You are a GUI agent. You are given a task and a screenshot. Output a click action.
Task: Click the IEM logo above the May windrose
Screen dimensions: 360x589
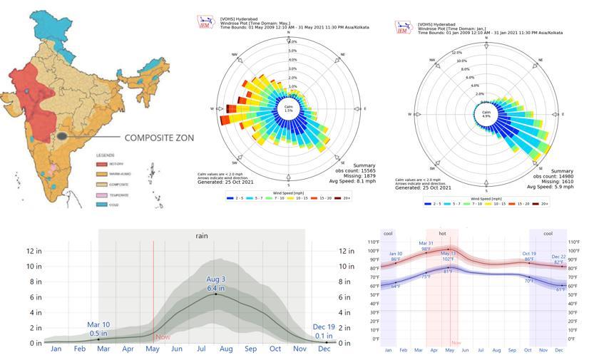(205, 21)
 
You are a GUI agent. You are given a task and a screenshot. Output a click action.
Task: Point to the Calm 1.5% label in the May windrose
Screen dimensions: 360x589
(288, 110)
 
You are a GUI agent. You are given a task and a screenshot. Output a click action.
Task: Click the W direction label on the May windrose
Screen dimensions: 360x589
(212, 109)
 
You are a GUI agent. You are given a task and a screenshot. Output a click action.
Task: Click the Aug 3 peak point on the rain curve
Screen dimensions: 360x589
(216, 294)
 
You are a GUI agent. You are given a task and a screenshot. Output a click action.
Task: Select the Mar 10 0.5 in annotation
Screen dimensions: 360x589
(98, 329)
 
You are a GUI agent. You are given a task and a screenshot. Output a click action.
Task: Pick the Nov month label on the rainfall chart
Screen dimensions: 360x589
(300, 349)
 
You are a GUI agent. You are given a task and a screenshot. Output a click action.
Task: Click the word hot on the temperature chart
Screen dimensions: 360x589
(442, 233)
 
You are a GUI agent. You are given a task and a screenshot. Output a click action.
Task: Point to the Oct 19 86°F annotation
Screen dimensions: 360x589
(528, 256)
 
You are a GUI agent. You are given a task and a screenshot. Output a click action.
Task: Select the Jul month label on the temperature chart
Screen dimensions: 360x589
(481, 351)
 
